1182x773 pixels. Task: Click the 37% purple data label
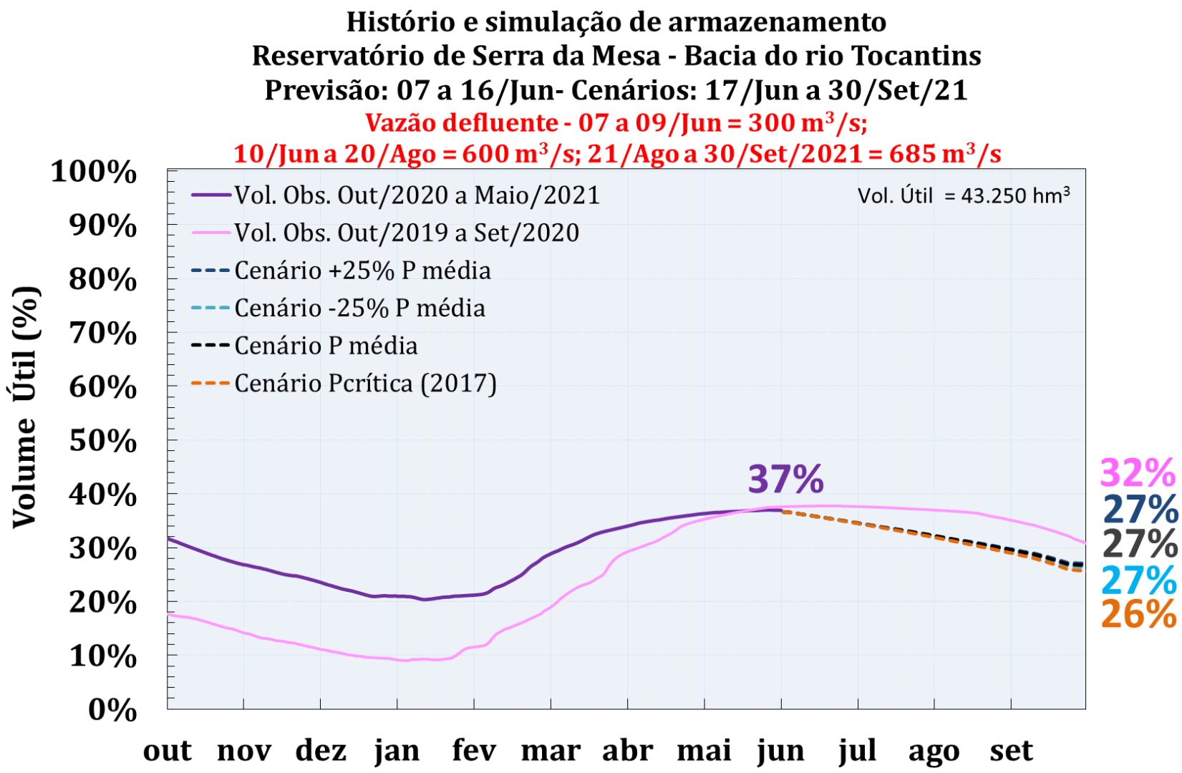click(x=785, y=480)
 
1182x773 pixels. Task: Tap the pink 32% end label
click(x=1137, y=474)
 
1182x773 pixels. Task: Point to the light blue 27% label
click(x=1139, y=580)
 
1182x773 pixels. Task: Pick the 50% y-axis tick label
click(x=102, y=441)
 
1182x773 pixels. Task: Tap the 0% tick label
click(x=112, y=710)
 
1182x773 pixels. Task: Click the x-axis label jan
click(x=397, y=751)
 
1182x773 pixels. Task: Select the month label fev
click(x=474, y=751)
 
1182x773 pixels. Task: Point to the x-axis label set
click(x=1011, y=751)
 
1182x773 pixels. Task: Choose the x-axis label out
click(x=168, y=751)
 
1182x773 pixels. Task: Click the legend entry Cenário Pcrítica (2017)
click(x=365, y=384)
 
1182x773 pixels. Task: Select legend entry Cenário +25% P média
click(x=362, y=271)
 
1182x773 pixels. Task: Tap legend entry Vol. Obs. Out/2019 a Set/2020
click(x=407, y=233)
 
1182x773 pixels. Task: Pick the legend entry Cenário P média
click(x=326, y=346)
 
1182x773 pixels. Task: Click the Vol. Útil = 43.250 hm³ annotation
click(x=964, y=195)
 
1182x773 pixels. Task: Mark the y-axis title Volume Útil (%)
click(x=25, y=407)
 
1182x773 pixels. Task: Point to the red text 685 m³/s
click(x=944, y=154)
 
